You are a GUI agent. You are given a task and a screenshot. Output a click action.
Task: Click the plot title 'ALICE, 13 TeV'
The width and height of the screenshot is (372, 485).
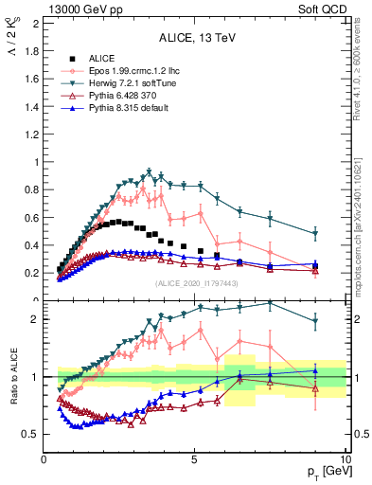point(194,39)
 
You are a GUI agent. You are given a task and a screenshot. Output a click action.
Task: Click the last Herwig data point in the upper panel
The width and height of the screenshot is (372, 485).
point(315,233)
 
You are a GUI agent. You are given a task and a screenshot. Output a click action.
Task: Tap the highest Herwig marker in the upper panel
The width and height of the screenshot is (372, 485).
point(148,173)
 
